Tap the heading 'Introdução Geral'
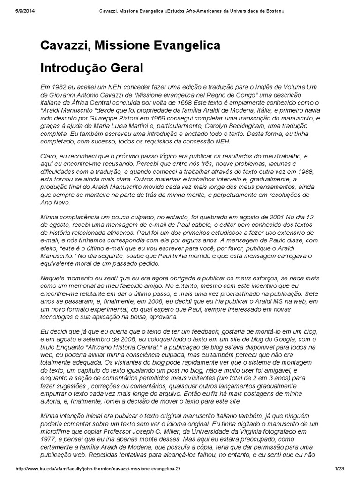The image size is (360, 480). click(91, 68)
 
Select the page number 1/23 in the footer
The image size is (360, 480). click(339, 469)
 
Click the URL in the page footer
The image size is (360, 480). click(97, 469)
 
